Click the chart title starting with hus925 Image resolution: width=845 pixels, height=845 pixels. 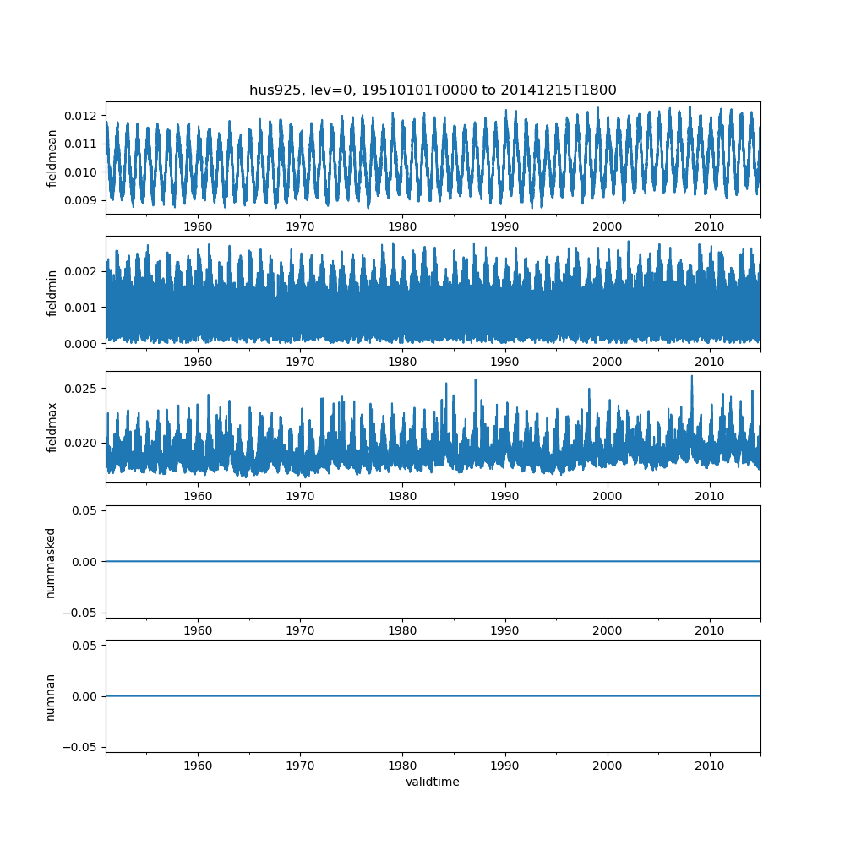click(x=433, y=90)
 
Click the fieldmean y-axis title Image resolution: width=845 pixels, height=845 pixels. click(x=52, y=158)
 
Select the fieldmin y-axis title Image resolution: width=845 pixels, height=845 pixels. click(x=52, y=292)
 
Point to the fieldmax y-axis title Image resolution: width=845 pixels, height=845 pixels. click(x=52, y=427)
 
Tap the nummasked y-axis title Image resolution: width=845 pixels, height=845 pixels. click(x=51, y=562)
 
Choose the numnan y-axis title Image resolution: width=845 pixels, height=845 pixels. click(x=51, y=696)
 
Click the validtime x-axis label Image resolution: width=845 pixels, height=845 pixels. click(x=433, y=782)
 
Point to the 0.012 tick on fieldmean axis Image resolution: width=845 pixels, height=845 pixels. click(x=82, y=115)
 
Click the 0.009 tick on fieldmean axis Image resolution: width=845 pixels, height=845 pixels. click(x=82, y=200)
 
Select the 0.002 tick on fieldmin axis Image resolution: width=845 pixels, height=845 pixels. click(x=82, y=271)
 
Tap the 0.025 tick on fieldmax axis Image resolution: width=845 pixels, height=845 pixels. click(x=82, y=389)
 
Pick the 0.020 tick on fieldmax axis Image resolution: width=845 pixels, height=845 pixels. click(x=82, y=443)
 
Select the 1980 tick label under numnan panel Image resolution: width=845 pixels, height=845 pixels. click(x=402, y=766)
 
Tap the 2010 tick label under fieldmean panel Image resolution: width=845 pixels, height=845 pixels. click(x=710, y=226)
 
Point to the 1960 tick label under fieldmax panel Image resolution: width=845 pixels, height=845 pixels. click(x=198, y=496)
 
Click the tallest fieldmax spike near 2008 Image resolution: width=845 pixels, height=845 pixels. click(x=691, y=376)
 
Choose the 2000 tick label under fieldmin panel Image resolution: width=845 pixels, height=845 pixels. click(x=608, y=362)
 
